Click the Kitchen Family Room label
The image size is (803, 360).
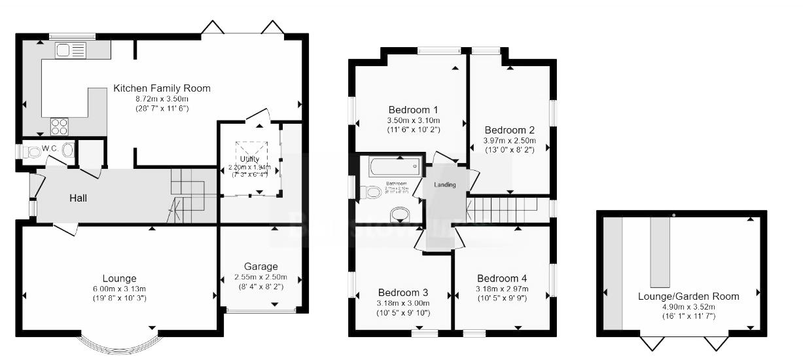[x=162, y=88]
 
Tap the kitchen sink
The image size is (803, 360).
[x=71, y=50]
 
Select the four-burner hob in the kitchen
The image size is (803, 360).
[x=58, y=124]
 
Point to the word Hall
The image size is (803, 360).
[x=78, y=198]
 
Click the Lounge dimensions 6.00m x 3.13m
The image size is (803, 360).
[x=119, y=289]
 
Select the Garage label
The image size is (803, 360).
[x=260, y=266]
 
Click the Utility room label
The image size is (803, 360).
[x=249, y=159]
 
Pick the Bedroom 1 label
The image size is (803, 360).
[x=413, y=109]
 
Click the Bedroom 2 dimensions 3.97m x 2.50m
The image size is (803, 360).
[x=509, y=141]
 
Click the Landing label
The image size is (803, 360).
[x=445, y=185]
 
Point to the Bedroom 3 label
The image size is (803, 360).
[x=403, y=293]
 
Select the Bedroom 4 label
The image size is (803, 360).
[x=502, y=278]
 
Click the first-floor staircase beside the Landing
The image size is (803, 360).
[x=501, y=210]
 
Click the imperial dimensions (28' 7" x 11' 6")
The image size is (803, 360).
[x=162, y=108]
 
